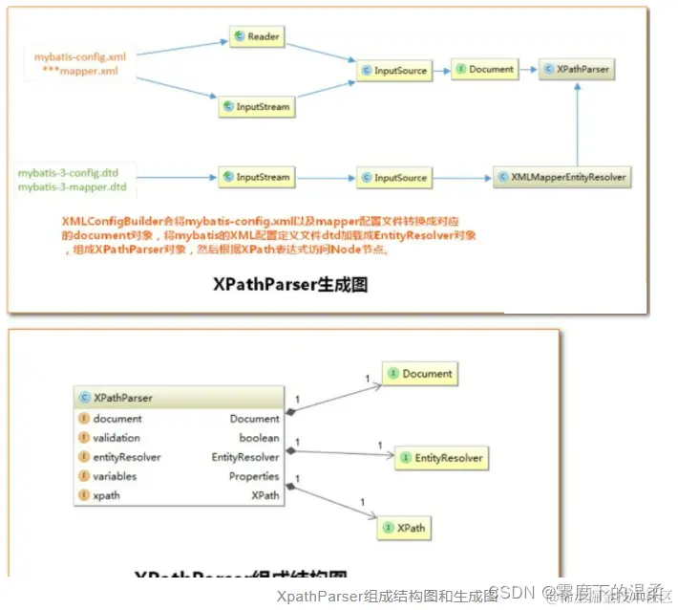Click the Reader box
click(255, 37)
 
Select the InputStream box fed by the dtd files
click(255, 178)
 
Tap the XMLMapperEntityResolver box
click(563, 178)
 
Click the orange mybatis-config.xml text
click(80, 56)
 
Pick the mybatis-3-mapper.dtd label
click(73, 187)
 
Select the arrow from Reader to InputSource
click(321, 54)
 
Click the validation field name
click(117, 438)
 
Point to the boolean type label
click(259, 438)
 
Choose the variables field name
click(115, 476)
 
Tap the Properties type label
click(254, 476)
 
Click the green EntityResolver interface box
click(440, 459)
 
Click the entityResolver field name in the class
click(127, 457)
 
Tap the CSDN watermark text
click(510, 592)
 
